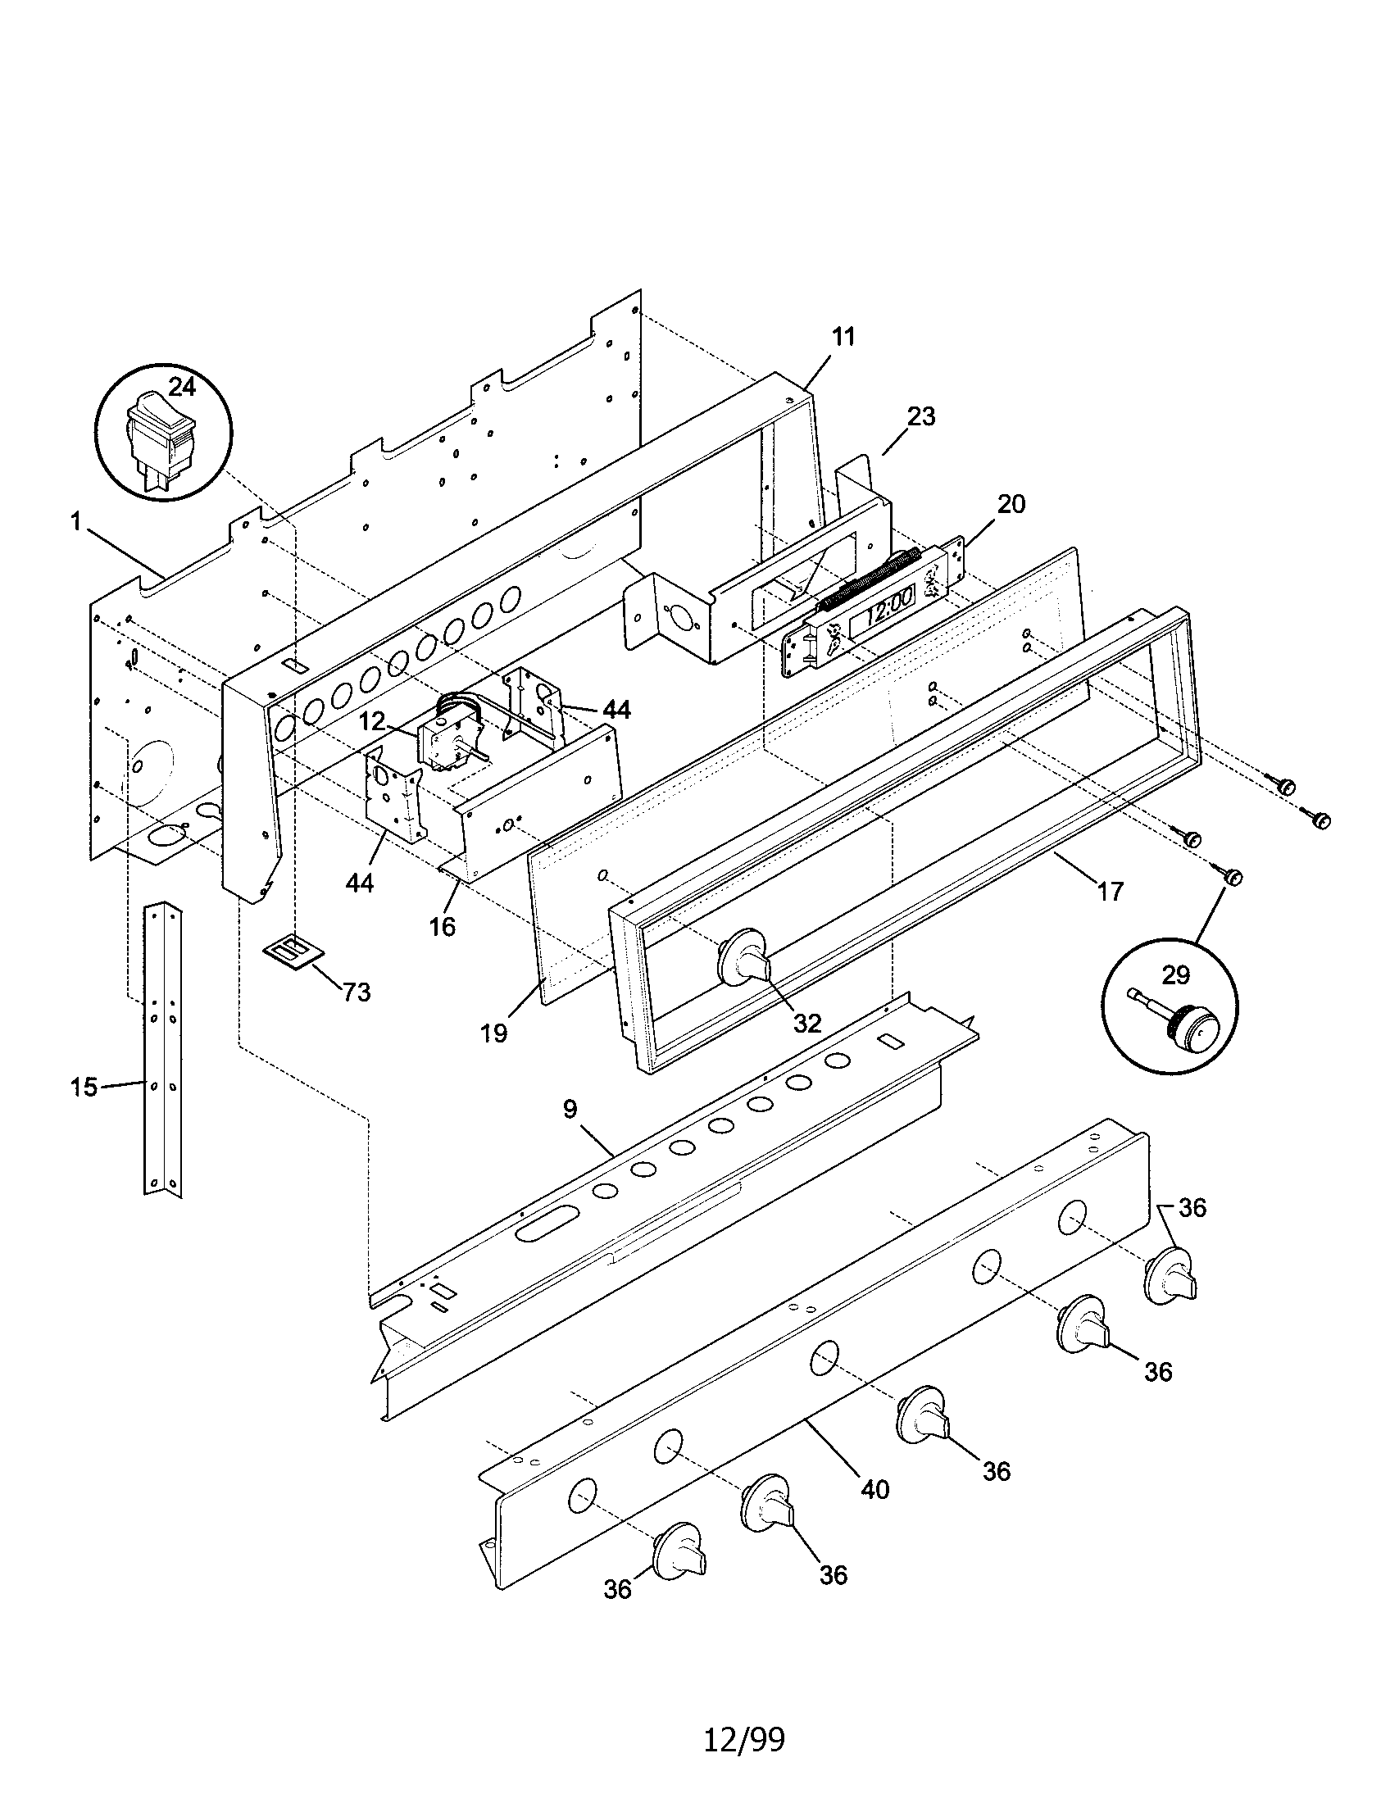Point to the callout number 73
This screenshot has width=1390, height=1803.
tap(356, 992)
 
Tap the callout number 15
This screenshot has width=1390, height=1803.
tap(84, 1088)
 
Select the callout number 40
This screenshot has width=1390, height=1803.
tap(875, 1489)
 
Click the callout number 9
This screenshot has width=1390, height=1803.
tap(570, 1109)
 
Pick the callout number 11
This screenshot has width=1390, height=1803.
tap(843, 336)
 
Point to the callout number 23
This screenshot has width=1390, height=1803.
tap(921, 416)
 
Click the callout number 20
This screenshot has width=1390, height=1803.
tap(1011, 503)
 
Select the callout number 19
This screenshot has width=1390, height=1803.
tap(493, 1033)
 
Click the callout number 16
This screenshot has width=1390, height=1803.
tap(443, 926)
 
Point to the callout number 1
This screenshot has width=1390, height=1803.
tap(75, 522)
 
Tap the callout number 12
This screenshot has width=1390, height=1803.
tap(372, 720)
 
